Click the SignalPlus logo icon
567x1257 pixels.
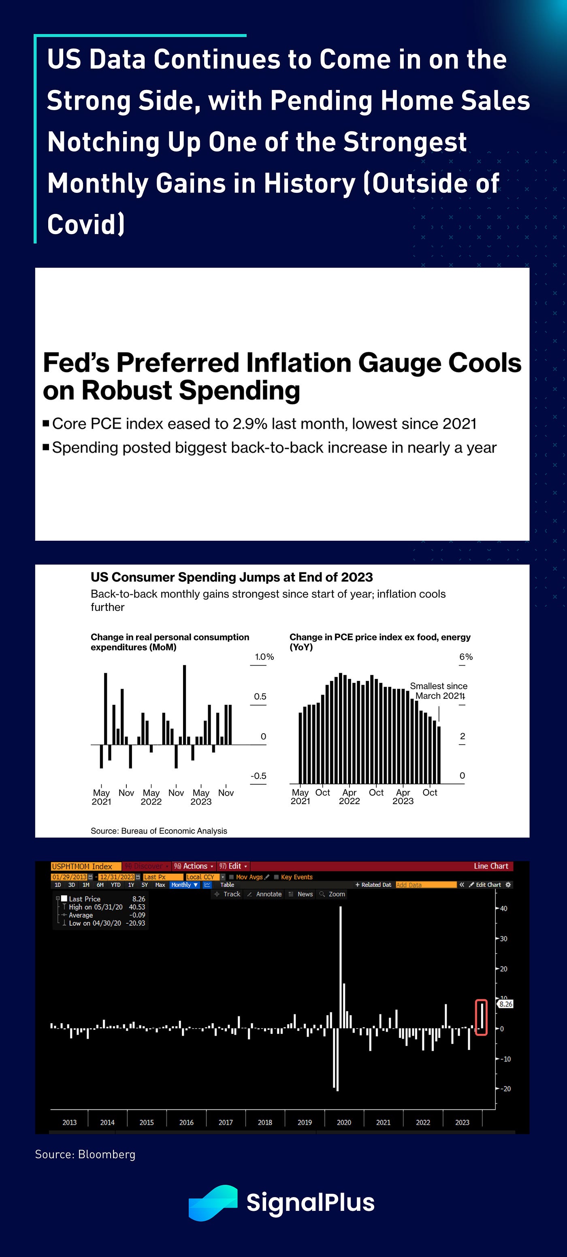pos(213,1202)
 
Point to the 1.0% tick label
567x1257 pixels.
pos(264,657)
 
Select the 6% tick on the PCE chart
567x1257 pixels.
pos(465,657)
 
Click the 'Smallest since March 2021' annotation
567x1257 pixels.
pos(438,691)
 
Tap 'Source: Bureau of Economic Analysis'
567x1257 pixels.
pos(159,831)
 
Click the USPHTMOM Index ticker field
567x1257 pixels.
pos(82,866)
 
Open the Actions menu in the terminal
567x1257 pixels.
pos(194,866)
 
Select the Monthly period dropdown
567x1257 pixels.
pos(184,885)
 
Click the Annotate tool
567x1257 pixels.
pos(268,894)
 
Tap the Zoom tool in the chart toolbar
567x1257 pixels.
pos(336,894)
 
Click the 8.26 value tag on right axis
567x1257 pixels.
pos(505,1004)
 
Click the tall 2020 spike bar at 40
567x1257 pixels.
pos(341,966)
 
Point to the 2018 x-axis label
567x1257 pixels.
pos(265,1123)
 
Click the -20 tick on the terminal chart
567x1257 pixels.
pos(506,1088)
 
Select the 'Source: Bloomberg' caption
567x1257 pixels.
pos(85,1154)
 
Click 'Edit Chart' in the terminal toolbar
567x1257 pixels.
pos(488,885)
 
